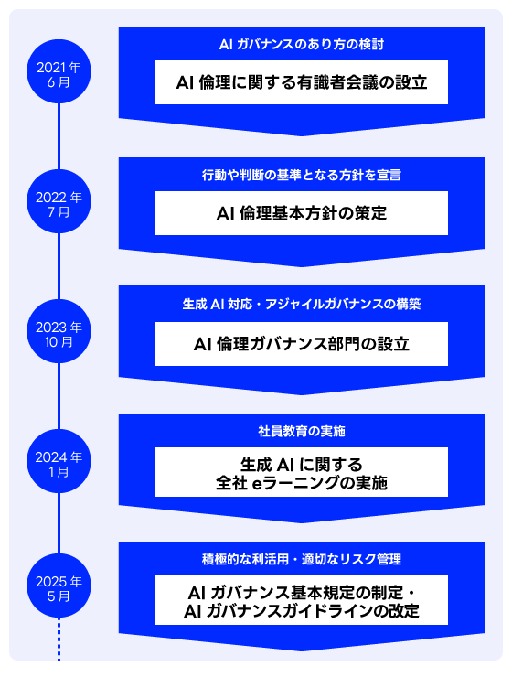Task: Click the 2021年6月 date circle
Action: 59,72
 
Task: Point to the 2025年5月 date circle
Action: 59,587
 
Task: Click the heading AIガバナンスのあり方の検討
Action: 301,44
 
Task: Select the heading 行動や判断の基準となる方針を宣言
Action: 301,174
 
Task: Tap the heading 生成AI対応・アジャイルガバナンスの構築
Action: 301,304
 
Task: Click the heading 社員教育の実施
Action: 301,430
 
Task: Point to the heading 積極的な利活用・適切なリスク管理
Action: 301,558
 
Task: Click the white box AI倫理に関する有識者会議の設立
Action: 301,82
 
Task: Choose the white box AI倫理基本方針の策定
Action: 301,213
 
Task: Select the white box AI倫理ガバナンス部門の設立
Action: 301,344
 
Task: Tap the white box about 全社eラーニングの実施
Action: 301,472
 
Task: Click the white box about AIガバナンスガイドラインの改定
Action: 301,600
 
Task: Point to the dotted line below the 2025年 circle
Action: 59,639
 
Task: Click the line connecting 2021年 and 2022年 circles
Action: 59,137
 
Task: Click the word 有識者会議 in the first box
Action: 325,82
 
